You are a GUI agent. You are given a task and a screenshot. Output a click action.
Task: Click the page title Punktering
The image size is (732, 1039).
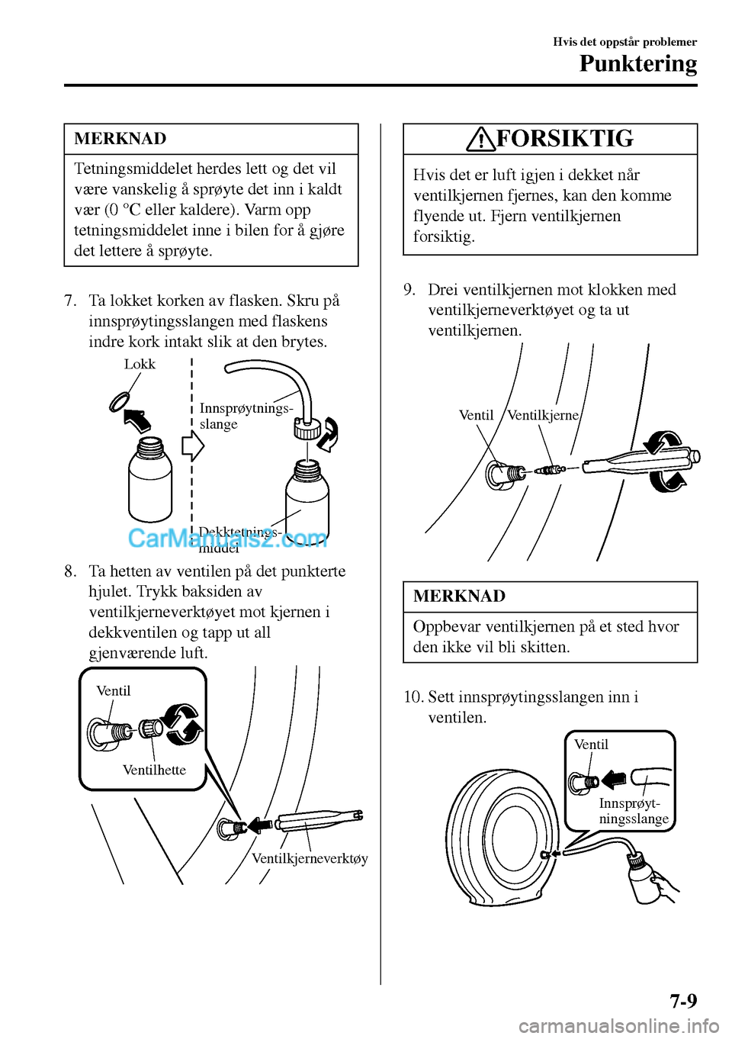(637, 64)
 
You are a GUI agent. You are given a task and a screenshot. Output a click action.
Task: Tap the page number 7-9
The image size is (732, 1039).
(683, 1000)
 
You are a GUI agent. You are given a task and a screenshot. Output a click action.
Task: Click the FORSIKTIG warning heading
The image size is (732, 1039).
(564, 139)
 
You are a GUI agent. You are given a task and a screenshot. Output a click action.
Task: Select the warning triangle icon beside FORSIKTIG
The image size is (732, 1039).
(482, 140)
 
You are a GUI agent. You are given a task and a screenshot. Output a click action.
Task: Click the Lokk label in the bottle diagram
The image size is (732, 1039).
(140, 365)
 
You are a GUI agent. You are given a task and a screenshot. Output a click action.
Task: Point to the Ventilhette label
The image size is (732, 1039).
(154, 770)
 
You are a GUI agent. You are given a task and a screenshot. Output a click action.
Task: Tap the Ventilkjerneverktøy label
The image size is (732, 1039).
(310, 858)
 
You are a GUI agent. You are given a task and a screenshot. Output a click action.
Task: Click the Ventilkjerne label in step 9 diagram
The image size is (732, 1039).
(543, 415)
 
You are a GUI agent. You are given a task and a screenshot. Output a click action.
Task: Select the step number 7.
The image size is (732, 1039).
(70, 301)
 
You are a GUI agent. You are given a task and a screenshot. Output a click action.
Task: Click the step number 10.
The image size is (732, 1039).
(413, 696)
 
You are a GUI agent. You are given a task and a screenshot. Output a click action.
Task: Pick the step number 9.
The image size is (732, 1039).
(409, 290)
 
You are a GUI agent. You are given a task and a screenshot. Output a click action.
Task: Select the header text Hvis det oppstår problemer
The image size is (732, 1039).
(624, 42)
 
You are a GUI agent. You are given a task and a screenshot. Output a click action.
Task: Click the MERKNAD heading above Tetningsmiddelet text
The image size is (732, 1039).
(120, 139)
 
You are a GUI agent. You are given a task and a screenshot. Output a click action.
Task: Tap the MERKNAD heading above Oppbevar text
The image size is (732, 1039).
(459, 597)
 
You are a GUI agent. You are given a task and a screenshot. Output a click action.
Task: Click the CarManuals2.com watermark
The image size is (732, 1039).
(227, 539)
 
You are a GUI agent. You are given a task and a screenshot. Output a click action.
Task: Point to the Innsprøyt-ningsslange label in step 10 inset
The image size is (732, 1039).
(633, 811)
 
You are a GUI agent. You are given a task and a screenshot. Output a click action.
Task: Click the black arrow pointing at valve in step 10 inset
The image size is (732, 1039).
(613, 780)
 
